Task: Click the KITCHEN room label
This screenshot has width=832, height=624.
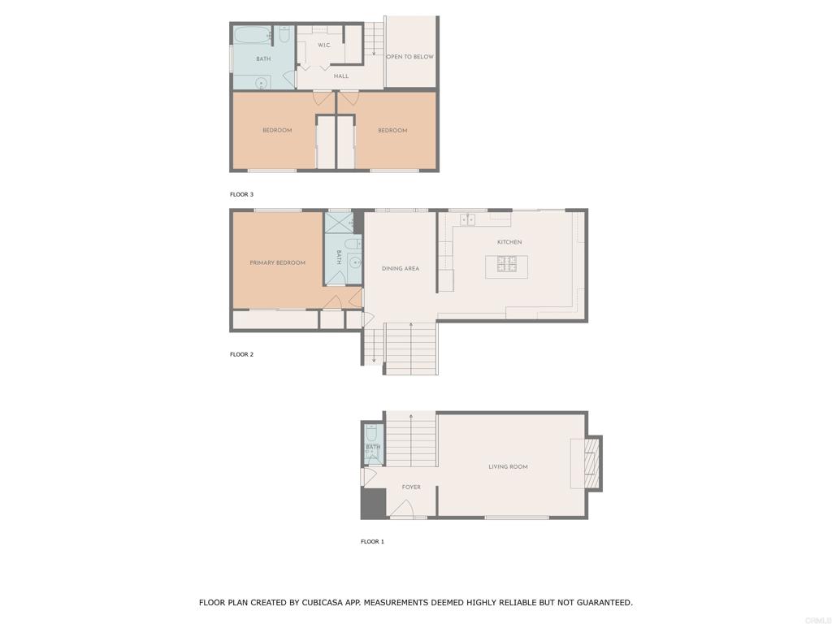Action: (x=509, y=242)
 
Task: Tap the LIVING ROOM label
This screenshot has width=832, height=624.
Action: (x=508, y=467)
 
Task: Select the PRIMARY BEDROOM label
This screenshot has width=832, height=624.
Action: (x=278, y=262)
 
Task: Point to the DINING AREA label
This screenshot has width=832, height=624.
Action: (x=400, y=268)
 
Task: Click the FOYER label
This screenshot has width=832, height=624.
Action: (x=411, y=487)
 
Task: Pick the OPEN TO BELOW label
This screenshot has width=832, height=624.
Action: (x=409, y=56)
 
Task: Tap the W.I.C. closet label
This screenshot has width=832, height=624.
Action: (x=323, y=45)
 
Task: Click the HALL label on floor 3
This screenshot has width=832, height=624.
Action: (x=341, y=76)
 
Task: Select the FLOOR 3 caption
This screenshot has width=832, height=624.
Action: (x=241, y=194)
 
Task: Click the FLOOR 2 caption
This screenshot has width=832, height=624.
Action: (x=241, y=354)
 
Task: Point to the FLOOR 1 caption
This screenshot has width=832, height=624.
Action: (x=372, y=542)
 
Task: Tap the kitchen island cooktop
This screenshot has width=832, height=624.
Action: (x=507, y=264)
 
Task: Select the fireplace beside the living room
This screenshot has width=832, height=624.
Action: (x=592, y=463)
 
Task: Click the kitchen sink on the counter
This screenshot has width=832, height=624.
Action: (x=467, y=219)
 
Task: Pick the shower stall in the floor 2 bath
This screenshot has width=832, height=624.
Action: (x=339, y=223)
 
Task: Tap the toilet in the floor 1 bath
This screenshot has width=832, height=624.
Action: (x=372, y=436)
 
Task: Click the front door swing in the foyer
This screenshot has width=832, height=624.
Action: (x=401, y=508)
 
